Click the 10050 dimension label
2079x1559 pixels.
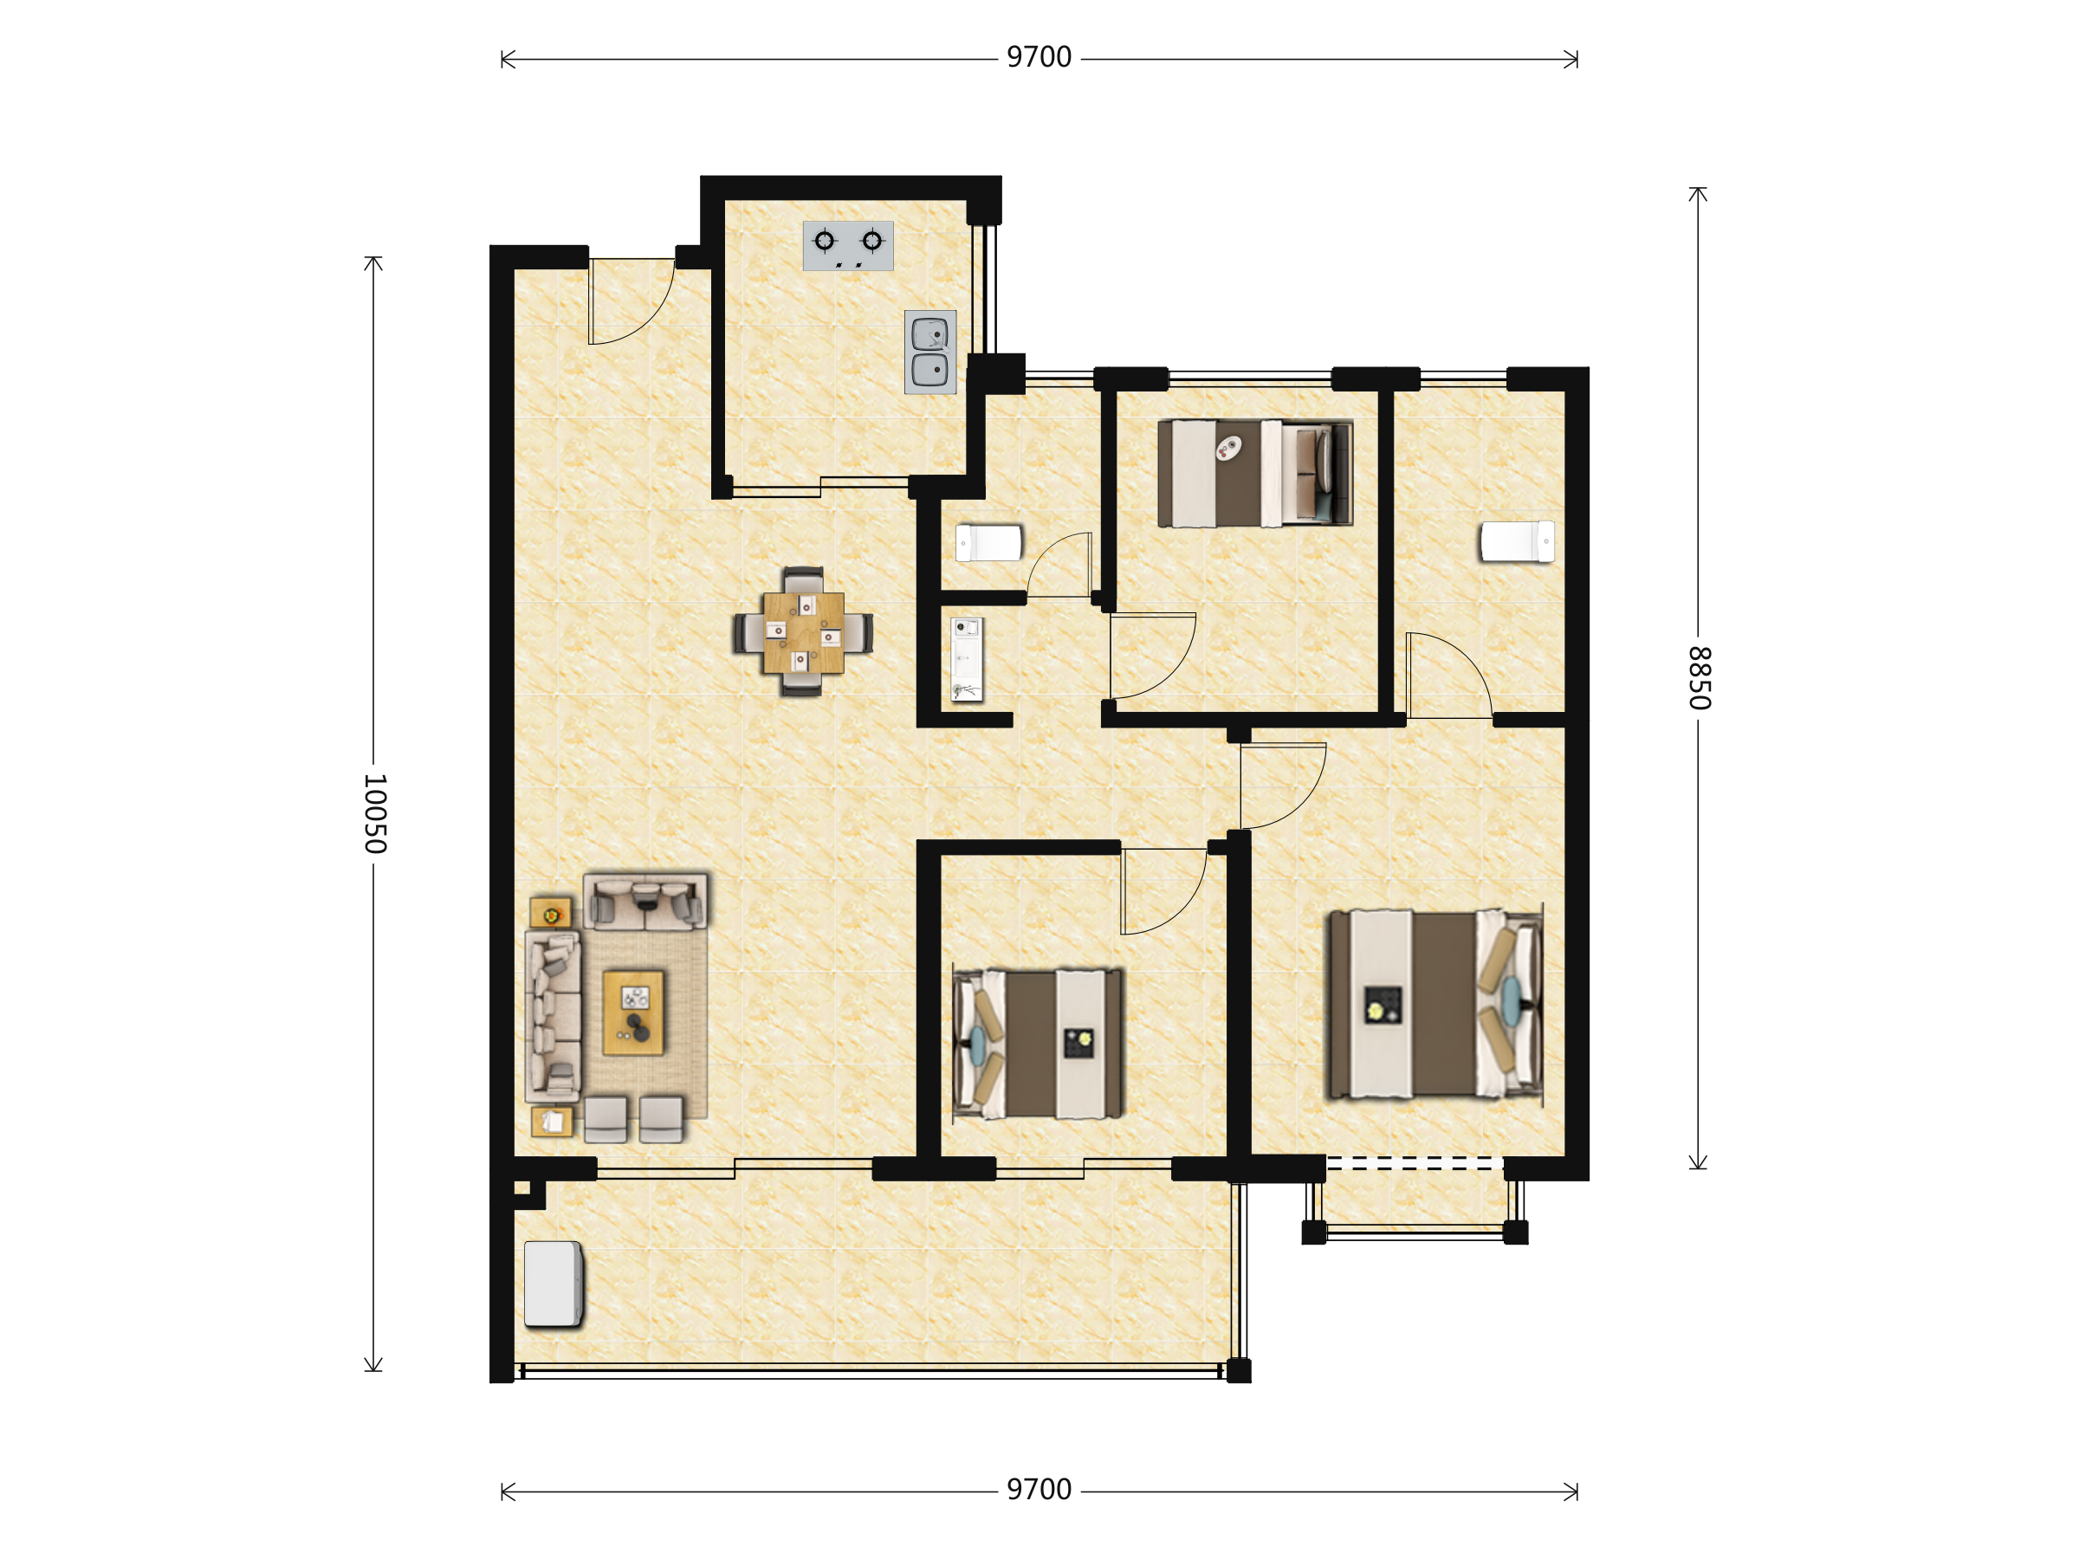point(375,814)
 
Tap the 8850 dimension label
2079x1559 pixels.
point(1700,677)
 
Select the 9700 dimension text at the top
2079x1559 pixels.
point(1039,58)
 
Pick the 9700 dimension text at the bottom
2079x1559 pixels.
point(1039,1491)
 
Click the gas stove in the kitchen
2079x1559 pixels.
point(848,246)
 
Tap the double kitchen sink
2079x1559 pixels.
point(930,353)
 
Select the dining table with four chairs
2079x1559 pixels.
point(803,631)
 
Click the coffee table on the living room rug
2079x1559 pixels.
point(633,1013)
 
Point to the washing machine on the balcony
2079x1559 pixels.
point(554,1284)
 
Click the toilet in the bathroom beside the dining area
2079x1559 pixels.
point(988,543)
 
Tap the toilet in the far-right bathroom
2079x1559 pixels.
point(1517,542)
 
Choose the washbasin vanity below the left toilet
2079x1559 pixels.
point(966,660)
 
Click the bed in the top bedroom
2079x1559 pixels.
point(1254,473)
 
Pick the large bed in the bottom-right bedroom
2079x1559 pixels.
point(1435,1004)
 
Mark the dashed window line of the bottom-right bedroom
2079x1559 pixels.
point(1415,1164)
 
